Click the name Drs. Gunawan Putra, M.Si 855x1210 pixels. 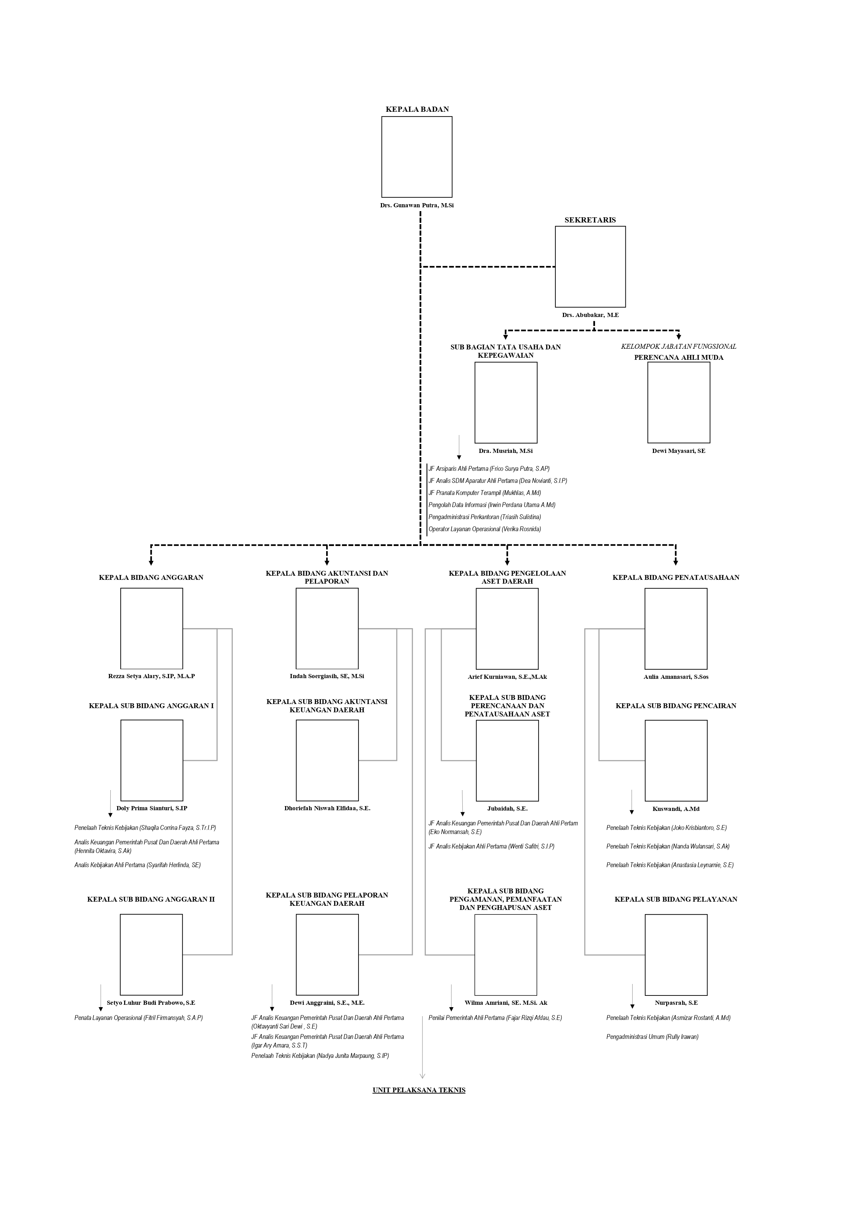click(417, 206)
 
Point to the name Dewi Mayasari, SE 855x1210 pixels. click(678, 451)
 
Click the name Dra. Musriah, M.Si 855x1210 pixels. click(506, 451)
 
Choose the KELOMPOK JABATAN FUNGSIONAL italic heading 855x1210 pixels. click(678, 347)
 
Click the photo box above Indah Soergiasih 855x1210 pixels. click(327, 629)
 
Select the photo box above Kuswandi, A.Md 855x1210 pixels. click(676, 761)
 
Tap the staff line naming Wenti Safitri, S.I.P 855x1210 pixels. click(492, 847)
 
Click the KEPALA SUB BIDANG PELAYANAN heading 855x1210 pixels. click(676, 900)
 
